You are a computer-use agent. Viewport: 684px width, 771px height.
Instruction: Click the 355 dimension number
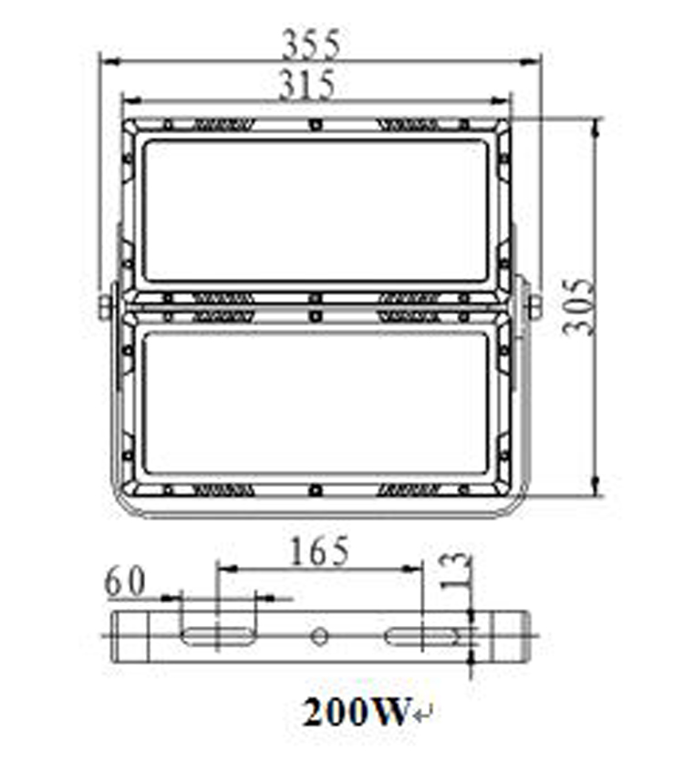[310, 45]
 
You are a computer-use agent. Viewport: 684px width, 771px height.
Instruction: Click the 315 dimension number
[307, 85]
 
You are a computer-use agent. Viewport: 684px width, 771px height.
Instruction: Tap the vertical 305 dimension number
[579, 307]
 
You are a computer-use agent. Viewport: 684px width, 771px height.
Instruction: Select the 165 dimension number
[320, 551]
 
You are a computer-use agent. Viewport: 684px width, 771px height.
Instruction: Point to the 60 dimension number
[126, 581]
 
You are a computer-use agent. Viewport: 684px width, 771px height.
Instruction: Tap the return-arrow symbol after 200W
[423, 714]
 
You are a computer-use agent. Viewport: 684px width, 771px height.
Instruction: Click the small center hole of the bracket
[319, 636]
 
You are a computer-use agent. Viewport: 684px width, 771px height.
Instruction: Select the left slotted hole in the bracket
[217, 636]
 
